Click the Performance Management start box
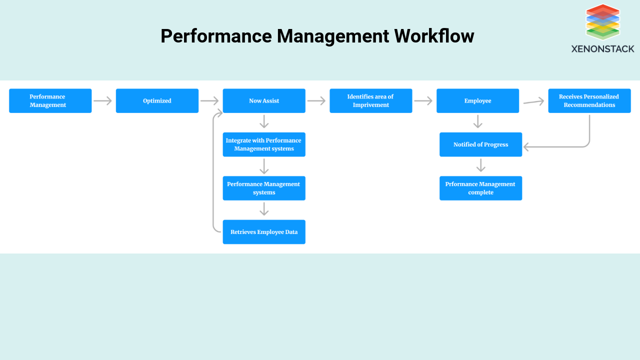click(50, 100)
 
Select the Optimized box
click(157, 100)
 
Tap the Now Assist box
click(263, 100)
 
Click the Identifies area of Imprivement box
click(370, 100)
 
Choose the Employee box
click(477, 100)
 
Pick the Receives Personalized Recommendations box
click(589, 100)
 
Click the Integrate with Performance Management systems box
click(263, 144)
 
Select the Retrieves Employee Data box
click(263, 232)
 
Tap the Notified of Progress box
click(480, 144)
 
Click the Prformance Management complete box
click(480, 188)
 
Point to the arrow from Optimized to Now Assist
click(209, 101)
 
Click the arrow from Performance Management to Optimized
click(102, 101)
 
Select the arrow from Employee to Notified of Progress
click(478, 122)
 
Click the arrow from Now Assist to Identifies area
click(316, 101)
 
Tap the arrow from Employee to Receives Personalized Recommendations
click(533, 102)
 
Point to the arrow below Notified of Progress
click(480, 165)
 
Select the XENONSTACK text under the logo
click(602, 48)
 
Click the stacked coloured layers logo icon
click(602, 22)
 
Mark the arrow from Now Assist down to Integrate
click(264, 122)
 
